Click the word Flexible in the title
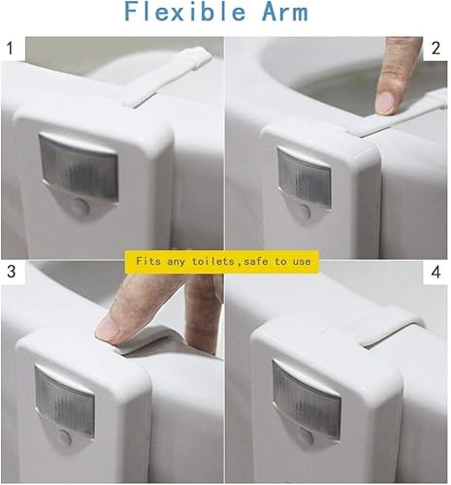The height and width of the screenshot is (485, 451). click(184, 12)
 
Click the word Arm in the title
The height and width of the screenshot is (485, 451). click(284, 13)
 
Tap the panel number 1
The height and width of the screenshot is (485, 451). click(11, 48)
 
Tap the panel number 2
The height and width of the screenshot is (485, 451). click(435, 48)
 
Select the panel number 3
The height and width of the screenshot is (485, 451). click(11, 272)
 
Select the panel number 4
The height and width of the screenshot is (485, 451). click(435, 272)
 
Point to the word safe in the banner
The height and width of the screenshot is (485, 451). click(256, 262)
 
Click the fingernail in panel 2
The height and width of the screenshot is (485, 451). click(386, 103)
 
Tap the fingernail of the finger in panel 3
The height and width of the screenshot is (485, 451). click(108, 329)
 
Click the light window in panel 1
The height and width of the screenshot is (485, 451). click(79, 168)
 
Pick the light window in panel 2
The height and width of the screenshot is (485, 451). click(305, 178)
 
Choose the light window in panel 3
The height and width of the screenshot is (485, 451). click(65, 401)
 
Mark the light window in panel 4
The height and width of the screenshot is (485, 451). click(306, 400)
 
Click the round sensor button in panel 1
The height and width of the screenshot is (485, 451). click(81, 207)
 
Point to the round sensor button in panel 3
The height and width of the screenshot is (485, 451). click(65, 438)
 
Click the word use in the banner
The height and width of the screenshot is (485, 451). click(302, 262)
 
